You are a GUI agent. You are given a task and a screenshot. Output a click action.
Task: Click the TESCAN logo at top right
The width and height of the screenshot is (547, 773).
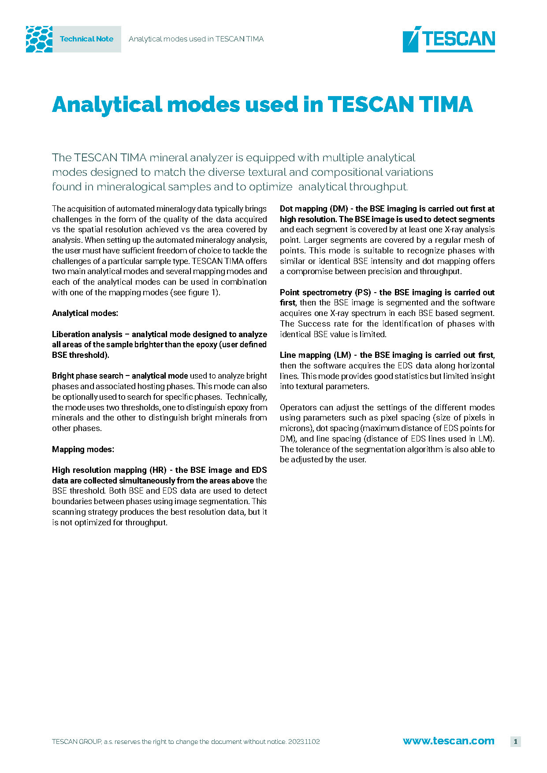pos(449,39)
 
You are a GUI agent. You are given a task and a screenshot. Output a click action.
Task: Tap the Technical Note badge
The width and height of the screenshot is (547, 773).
pos(86,39)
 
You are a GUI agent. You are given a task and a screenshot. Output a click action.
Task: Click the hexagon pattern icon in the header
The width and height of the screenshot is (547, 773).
pos(39,39)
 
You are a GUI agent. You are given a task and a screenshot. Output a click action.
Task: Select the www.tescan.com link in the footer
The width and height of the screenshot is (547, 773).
pos(448,741)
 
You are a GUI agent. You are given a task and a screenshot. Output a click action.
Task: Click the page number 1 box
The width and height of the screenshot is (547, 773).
pos(515,741)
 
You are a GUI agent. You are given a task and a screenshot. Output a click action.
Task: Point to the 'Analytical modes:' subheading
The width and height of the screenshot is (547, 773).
pos(85,313)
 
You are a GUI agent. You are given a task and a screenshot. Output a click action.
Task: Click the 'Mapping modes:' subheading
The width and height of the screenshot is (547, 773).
pos(83,450)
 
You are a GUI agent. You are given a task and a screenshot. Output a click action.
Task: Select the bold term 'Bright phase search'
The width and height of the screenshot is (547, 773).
pos(87,376)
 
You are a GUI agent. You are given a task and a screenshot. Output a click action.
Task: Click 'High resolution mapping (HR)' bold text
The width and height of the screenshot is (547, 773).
pos(109,470)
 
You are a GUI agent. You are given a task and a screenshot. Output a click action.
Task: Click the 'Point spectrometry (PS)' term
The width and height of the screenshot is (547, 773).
pos(325,293)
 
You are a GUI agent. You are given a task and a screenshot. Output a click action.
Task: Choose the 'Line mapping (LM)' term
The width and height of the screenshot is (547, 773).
pos(315,355)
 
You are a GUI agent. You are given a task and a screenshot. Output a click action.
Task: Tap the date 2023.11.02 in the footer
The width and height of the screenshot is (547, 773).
pos(304,742)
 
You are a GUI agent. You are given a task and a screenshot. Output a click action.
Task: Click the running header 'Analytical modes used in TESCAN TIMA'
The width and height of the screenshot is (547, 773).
pos(196,39)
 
